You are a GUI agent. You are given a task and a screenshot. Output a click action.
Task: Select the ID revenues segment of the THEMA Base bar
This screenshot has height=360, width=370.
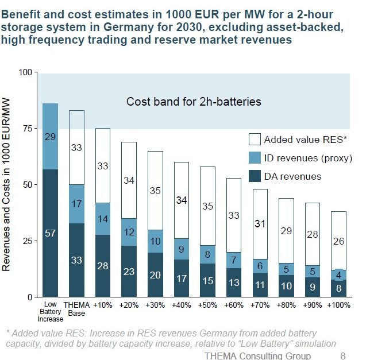tap(77, 204)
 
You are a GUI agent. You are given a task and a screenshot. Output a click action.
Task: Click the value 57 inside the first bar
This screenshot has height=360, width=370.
tap(51, 233)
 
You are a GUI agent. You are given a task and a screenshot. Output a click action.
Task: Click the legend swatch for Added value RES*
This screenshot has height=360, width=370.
tap(254, 140)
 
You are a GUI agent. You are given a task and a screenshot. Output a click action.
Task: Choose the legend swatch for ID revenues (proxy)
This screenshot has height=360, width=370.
tap(254, 158)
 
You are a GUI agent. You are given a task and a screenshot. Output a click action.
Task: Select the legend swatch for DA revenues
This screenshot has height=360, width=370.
tap(254, 176)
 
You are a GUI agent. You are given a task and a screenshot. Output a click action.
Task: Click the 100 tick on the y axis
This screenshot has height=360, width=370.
tap(26, 72)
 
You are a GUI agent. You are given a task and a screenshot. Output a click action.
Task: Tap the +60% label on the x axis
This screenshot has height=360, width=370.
tap(234, 305)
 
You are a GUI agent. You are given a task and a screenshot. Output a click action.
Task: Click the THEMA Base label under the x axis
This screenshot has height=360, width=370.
tap(77, 308)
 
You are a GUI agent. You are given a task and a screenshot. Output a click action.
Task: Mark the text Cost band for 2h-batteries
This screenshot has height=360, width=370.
tap(194, 102)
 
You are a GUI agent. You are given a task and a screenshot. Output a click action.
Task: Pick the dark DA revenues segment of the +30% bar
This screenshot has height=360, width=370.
tap(155, 275)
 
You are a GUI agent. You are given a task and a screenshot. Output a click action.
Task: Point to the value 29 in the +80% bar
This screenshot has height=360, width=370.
tap(286, 231)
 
